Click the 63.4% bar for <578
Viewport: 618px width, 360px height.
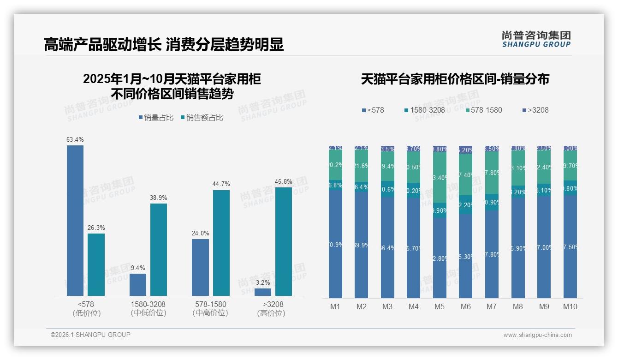click(x=75, y=221)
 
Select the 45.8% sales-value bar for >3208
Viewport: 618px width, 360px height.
click(x=284, y=241)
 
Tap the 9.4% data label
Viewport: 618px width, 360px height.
click(x=138, y=268)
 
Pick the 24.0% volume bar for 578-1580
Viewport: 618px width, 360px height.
click(x=200, y=267)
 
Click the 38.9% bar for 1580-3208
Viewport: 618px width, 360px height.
click(x=159, y=250)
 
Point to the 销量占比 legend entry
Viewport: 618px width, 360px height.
click(x=156, y=118)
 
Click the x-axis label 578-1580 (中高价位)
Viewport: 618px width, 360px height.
click(x=210, y=308)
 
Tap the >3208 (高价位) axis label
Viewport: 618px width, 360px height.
click(x=273, y=308)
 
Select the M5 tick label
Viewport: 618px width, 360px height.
click(x=440, y=307)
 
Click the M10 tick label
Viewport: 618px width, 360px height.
click(x=570, y=307)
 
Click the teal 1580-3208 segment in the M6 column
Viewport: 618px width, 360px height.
click(x=466, y=204)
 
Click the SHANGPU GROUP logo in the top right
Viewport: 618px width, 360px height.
click(x=536, y=39)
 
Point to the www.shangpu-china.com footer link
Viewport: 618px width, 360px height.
click(x=537, y=335)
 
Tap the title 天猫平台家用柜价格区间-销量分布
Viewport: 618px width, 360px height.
click(x=455, y=79)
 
